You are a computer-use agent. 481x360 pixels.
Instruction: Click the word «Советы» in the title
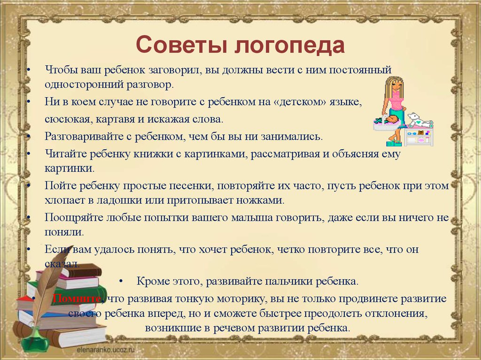point(182,45)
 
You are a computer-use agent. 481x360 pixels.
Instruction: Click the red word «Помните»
point(77,298)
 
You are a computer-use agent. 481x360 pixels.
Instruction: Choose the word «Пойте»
point(59,185)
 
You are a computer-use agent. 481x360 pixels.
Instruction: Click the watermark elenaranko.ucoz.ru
point(106,349)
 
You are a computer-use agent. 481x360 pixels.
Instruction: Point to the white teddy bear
point(419,121)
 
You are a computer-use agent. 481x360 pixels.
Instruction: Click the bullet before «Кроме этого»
point(121,281)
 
